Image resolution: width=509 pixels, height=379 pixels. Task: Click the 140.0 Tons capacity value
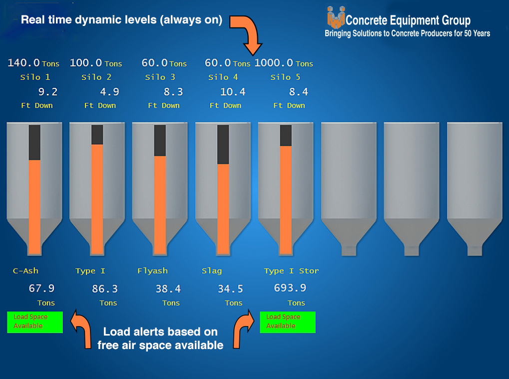[x=33, y=62]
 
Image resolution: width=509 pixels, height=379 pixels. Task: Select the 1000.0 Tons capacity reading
[x=284, y=62]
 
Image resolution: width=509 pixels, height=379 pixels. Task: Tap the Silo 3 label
[x=160, y=77]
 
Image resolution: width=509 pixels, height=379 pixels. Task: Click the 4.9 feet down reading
[x=109, y=92]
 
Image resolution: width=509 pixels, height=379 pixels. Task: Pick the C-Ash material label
[x=25, y=271]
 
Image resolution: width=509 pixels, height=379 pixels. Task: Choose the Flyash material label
[x=152, y=271]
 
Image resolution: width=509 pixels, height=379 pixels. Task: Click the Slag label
[x=212, y=271]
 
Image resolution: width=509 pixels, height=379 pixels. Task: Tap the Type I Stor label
[x=291, y=271]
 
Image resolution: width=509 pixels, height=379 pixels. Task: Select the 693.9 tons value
[x=290, y=288]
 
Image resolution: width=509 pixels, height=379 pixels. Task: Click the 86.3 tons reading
[x=104, y=289]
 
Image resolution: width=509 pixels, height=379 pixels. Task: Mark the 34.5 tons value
[x=230, y=289]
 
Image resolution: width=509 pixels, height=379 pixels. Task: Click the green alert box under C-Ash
[x=35, y=322]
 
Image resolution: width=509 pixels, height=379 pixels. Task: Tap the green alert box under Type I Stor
[x=288, y=322]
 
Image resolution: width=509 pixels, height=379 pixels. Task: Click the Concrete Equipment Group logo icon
[x=336, y=17]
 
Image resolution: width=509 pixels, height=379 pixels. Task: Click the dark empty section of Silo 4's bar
[x=223, y=144]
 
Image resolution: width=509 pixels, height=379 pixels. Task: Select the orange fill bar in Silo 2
[x=97, y=199]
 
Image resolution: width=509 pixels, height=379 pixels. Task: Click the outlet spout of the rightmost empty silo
[x=475, y=251]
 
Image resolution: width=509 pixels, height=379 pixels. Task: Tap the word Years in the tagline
[x=482, y=33]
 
